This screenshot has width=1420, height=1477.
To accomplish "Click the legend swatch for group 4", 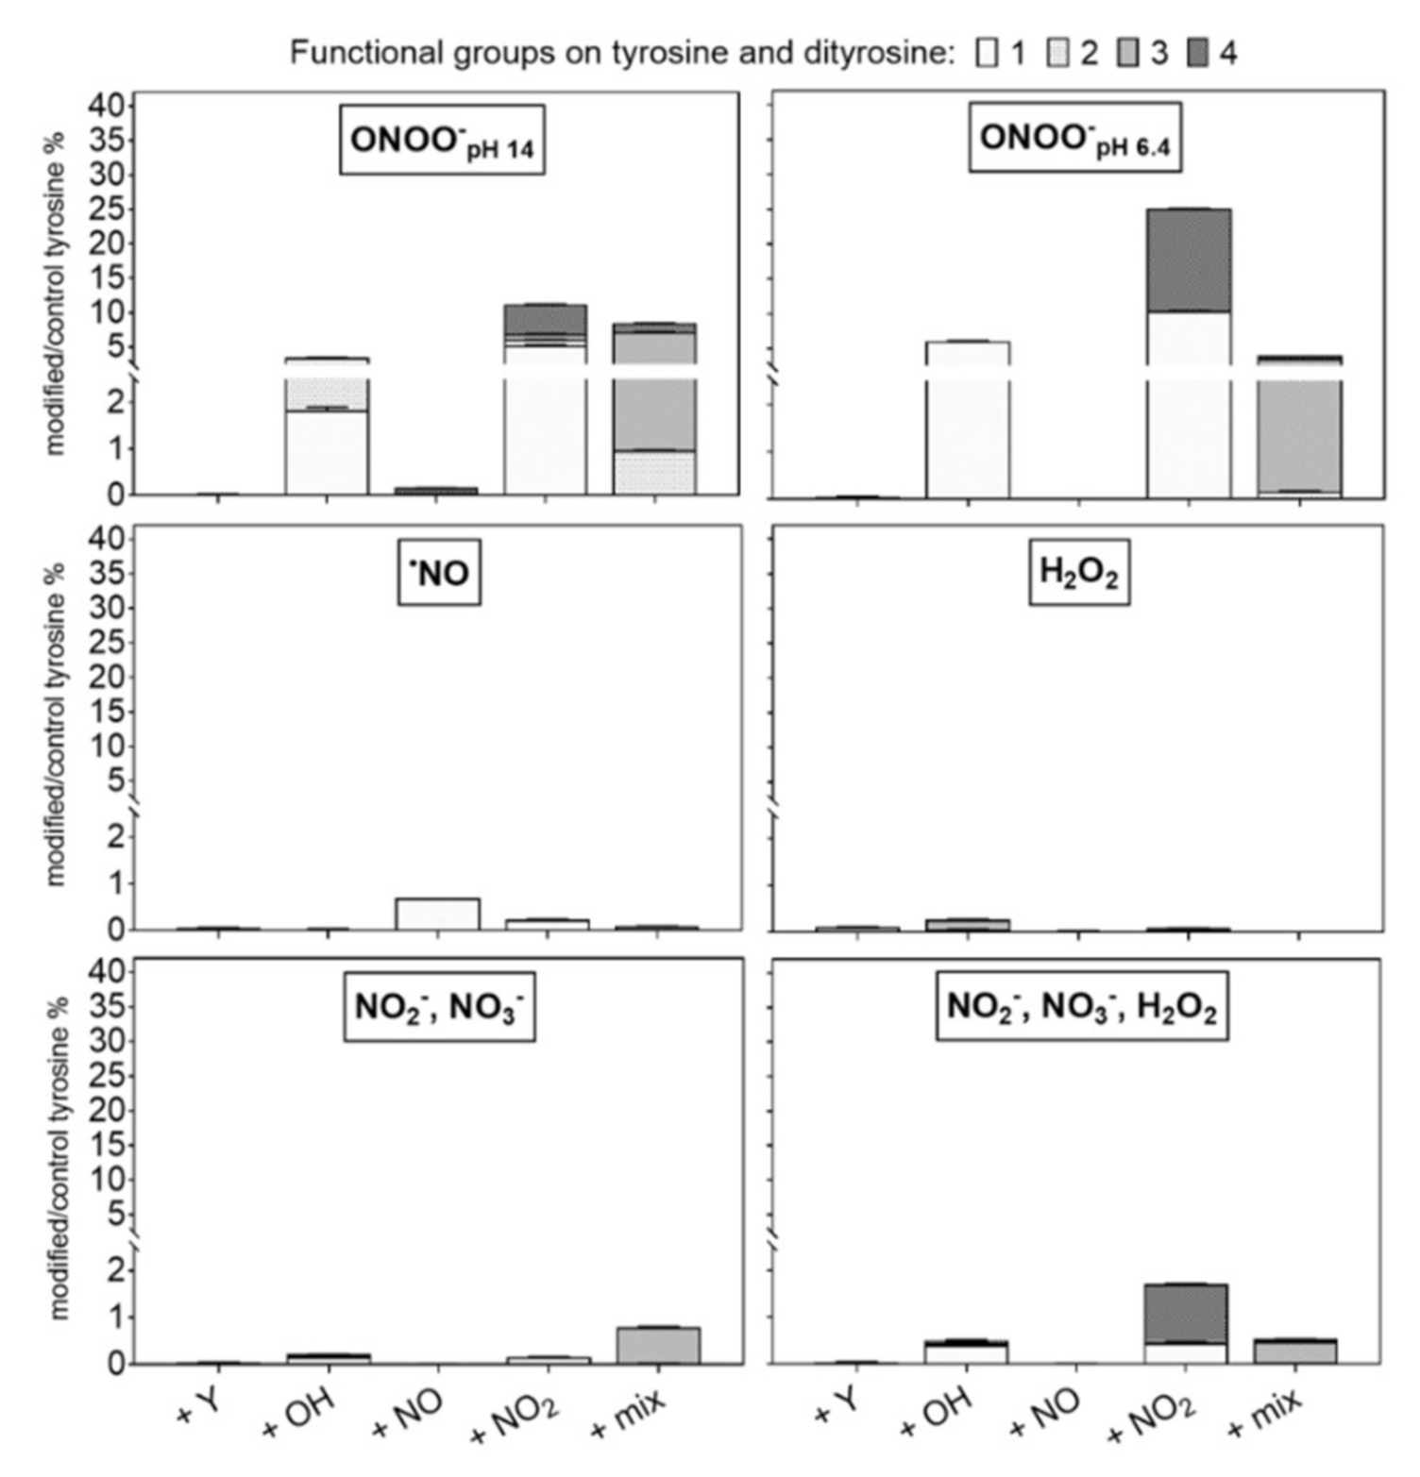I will [x=1197, y=53].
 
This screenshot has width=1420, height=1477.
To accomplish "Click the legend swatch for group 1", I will [x=988, y=53].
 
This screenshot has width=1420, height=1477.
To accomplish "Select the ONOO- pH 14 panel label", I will [x=442, y=141].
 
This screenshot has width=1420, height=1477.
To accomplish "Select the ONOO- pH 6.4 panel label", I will [x=1074, y=139].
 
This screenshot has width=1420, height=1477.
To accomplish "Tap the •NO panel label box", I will [x=439, y=573].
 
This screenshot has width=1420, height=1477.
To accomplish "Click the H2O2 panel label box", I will [x=1078, y=573].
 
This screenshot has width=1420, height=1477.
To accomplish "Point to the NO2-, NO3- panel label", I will [x=439, y=1007].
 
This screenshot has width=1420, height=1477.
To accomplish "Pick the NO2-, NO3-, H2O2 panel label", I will [x=1081, y=1007].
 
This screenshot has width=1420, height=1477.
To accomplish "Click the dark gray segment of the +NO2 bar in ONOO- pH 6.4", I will [x=1189, y=260].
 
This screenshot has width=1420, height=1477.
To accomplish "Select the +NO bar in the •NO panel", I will [x=438, y=914].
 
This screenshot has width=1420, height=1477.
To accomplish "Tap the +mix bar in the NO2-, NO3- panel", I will [x=658, y=1346].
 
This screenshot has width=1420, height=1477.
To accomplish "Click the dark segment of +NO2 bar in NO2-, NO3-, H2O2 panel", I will [x=1187, y=1313].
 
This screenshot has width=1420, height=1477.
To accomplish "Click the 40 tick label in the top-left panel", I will [x=106, y=106].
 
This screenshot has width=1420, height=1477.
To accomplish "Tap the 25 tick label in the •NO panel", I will [x=106, y=642].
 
